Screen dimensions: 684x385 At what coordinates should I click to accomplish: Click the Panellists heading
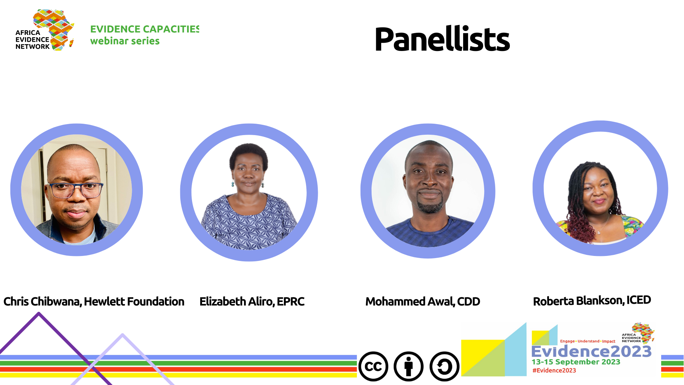pyautogui.click(x=442, y=39)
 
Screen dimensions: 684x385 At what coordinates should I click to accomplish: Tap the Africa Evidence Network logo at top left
pyautogui.click(x=45, y=30)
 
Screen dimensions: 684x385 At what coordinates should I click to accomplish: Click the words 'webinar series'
pyautogui.click(x=125, y=41)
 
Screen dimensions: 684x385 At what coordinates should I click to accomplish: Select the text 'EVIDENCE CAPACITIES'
pyautogui.click(x=145, y=29)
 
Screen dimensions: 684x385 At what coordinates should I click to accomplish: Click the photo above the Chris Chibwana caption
pyautogui.click(x=77, y=190)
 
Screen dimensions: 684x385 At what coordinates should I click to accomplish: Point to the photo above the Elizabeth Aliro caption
pyautogui.click(x=249, y=192)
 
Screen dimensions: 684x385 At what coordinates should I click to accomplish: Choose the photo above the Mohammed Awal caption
pyautogui.click(x=428, y=191)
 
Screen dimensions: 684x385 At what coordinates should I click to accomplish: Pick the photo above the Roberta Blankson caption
pyautogui.click(x=600, y=188)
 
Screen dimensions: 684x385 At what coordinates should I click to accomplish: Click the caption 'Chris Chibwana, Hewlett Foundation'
pyautogui.click(x=94, y=302)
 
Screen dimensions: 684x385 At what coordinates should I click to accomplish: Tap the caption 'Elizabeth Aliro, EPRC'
pyautogui.click(x=252, y=302)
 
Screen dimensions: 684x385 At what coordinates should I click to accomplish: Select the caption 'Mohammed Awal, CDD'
pyautogui.click(x=423, y=302)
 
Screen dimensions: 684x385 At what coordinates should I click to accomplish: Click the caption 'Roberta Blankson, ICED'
pyautogui.click(x=592, y=301)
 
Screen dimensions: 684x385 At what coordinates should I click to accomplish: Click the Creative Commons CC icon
pyautogui.click(x=373, y=366)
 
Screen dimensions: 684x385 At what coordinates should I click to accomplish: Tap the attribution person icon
pyautogui.click(x=409, y=366)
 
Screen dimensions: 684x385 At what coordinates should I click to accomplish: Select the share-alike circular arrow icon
pyautogui.click(x=444, y=366)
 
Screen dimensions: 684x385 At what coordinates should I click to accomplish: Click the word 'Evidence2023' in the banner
pyautogui.click(x=591, y=351)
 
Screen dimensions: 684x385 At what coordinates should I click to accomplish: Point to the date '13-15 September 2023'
pyautogui.click(x=576, y=362)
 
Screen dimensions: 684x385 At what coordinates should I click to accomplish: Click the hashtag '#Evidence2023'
pyautogui.click(x=554, y=370)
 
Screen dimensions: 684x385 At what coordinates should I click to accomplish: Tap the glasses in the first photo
pyautogui.click(x=76, y=190)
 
